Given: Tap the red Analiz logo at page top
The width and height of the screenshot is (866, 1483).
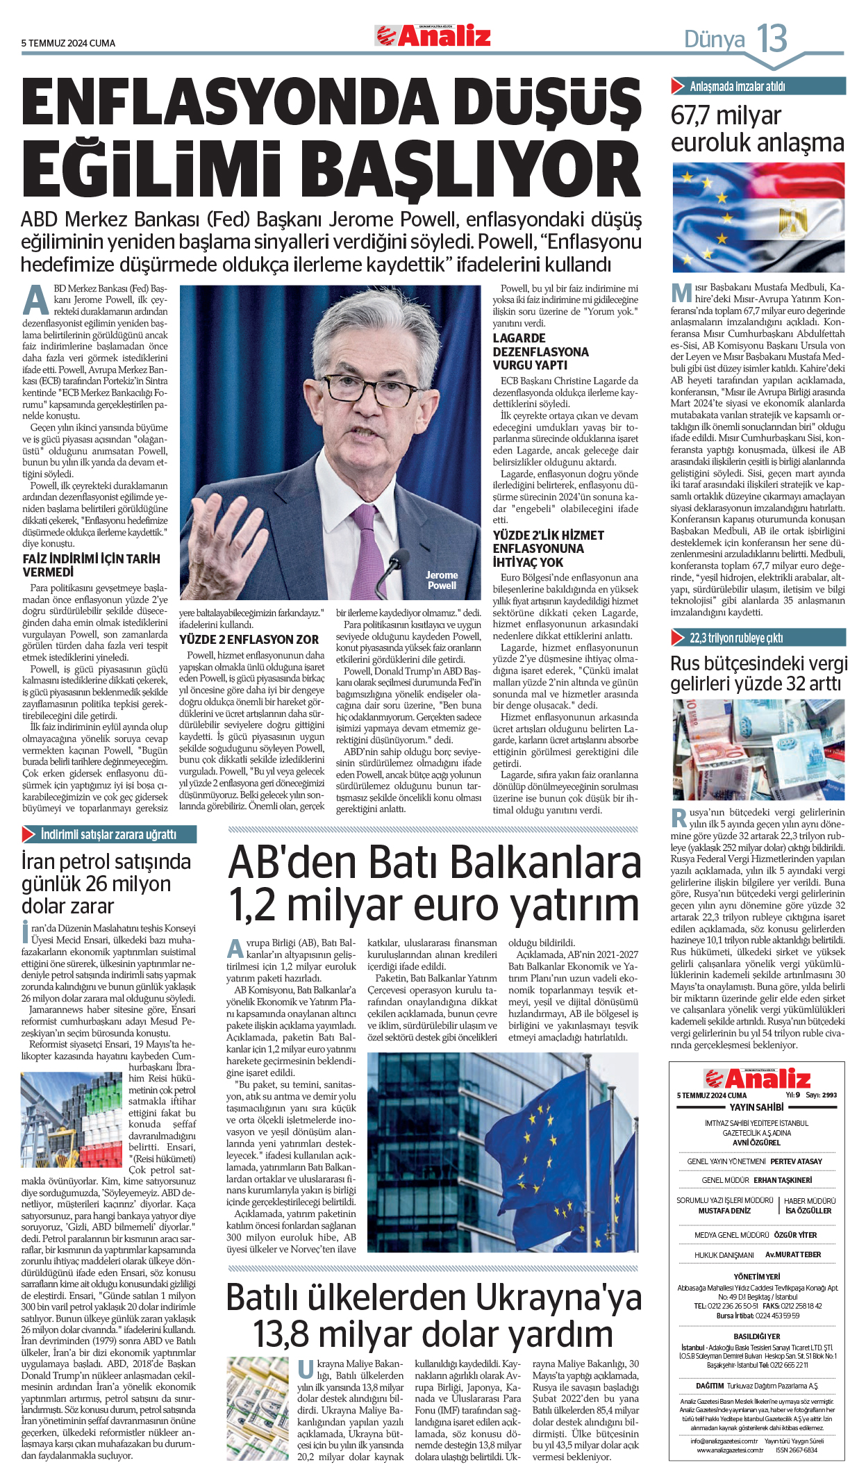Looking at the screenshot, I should click(x=433, y=35).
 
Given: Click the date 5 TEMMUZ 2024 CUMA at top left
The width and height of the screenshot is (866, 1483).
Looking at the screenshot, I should click(x=68, y=43).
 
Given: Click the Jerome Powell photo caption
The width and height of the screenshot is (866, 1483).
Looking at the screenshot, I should click(x=442, y=580).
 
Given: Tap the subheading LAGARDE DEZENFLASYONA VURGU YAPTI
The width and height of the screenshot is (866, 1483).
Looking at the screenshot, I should click(x=540, y=351).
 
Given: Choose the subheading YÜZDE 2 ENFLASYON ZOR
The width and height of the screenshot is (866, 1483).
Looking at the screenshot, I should click(x=249, y=639).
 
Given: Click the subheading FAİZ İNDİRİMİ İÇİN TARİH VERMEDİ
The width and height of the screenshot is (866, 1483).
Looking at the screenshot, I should click(x=91, y=565).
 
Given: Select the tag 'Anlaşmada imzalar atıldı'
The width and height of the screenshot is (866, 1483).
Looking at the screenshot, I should click(x=737, y=87).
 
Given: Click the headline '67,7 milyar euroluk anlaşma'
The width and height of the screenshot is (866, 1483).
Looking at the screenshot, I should click(x=757, y=129).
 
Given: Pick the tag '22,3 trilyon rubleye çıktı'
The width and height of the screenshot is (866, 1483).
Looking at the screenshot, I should click(x=736, y=638).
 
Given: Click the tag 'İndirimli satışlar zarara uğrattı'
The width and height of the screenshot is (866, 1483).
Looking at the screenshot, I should click(x=108, y=834).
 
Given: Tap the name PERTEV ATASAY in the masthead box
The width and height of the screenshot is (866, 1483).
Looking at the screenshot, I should click(x=796, y=1161).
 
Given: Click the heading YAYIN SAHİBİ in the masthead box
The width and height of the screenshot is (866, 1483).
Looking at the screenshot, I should click(x=756, y=1107).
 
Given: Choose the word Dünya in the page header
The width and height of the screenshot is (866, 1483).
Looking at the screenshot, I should click(x=715, y=40).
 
